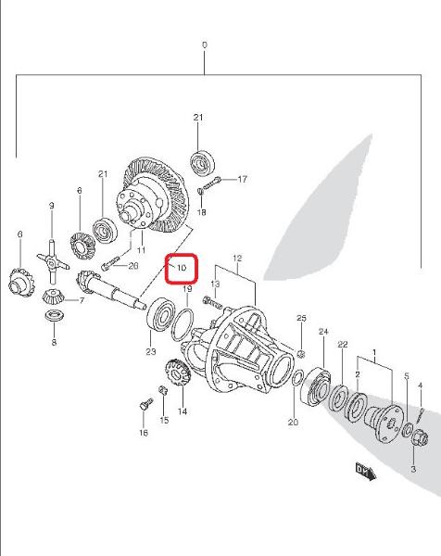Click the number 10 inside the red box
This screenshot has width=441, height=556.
pyautogui.click(x=182, y=268)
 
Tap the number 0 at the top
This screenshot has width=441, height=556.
pyautogui.click(x=205, y=45)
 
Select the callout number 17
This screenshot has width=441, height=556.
pyautogui.click(x=242, y=179)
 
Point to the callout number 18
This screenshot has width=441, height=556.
pyautogui.click(x=201, y=212)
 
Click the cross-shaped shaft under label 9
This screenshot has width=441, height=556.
pyautogui.click(x=53, y=262)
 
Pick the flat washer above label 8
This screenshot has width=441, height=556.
pyautogui.click(x=55, y=315)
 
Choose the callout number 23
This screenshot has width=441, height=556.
pyautogui.click(x=151, y=351)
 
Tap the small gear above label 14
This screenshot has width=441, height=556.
pyautogui.click(x=178, y=373)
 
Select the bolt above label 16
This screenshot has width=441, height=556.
pyautogui.click(x=145, y=404)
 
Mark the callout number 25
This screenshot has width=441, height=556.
pyautogui.click(x=301, y=318)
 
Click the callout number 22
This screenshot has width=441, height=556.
pyautogui.click(x=343, y=345)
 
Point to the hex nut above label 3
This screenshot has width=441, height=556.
pyautogui.click(x=420, y=437)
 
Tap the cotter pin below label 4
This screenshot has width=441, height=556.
pyautogui.click(x=421, y=414)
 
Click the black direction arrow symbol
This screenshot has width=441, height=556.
pyautogui.click(x=366, y=471)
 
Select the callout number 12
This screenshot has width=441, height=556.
pyautogui.click(x=237, y=259)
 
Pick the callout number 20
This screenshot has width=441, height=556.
pyautogui.click(x=293, y=422)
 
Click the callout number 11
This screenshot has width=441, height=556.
pyautogui.click(x=142, y=250)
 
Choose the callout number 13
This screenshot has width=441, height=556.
pyautogui.click(x=215, y=284)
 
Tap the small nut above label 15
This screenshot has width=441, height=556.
pyautogui.click(x=162, y=390)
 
